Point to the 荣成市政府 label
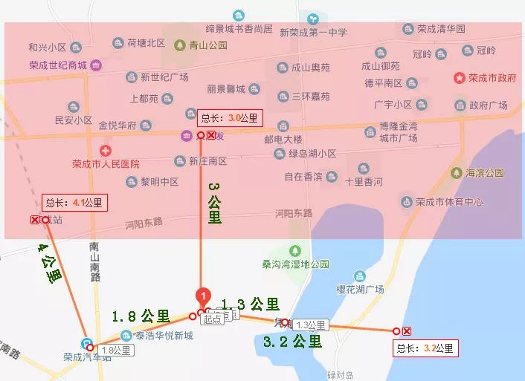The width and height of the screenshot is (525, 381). pos(492,77)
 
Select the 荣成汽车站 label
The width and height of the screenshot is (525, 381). pos(87,357)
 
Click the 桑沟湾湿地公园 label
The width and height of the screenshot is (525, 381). pos(295,264)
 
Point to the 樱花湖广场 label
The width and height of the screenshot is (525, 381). pos(360,290)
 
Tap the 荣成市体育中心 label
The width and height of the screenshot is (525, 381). pos(449,201)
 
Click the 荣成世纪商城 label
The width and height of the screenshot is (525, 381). pos(58,65)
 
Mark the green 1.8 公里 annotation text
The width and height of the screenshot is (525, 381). pos(142,316)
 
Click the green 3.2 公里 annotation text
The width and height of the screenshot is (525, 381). pos(293,342)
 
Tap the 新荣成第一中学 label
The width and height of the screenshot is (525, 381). pos(313,33)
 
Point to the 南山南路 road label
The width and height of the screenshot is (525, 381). pos(94,260)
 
